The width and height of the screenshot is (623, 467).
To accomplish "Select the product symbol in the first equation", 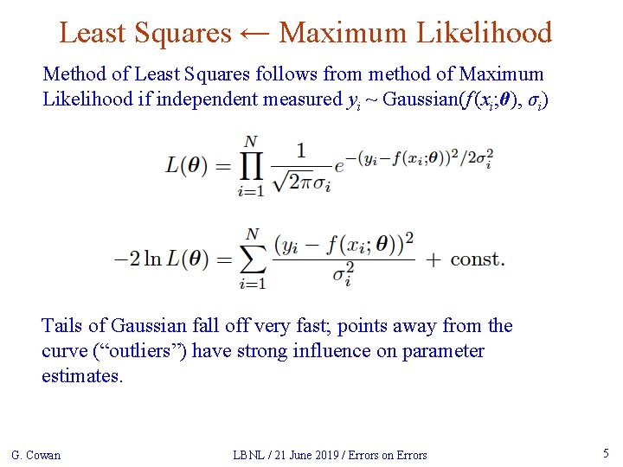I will coord(251,167).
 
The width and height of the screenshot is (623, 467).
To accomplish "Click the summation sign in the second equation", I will coord(251,259).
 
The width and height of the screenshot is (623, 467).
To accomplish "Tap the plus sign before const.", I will coord(434,259).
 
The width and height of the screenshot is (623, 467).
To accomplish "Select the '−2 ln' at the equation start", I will coord(137,259).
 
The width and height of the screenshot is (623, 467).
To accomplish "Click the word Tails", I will coord(62,326).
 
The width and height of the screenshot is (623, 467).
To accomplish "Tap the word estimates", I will coord(82,376).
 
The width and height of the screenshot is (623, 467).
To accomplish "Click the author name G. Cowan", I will coord(35,455).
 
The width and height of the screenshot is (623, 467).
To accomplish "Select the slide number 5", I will coord(605,453).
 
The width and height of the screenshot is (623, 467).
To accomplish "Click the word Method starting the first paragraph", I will coord(72,74).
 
